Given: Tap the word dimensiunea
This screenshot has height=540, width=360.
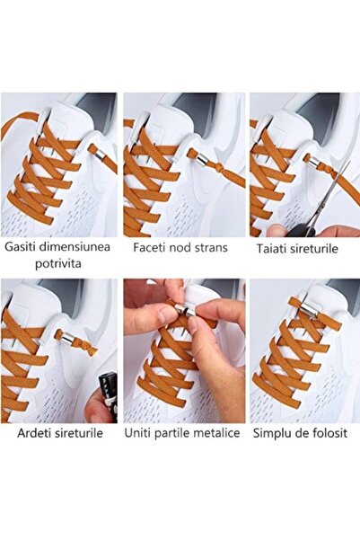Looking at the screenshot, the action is point(75,247).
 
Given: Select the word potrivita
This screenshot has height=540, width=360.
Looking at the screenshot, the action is point(58,264).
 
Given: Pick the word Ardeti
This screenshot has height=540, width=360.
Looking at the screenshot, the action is point(33,433).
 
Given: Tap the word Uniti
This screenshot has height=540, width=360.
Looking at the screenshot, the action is point(138,433).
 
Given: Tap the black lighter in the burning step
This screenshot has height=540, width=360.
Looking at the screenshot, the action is point(108,395).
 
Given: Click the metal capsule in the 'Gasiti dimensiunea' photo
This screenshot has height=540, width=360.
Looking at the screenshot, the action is point(100,155).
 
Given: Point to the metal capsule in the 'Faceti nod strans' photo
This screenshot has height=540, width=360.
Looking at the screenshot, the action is point(202,159).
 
